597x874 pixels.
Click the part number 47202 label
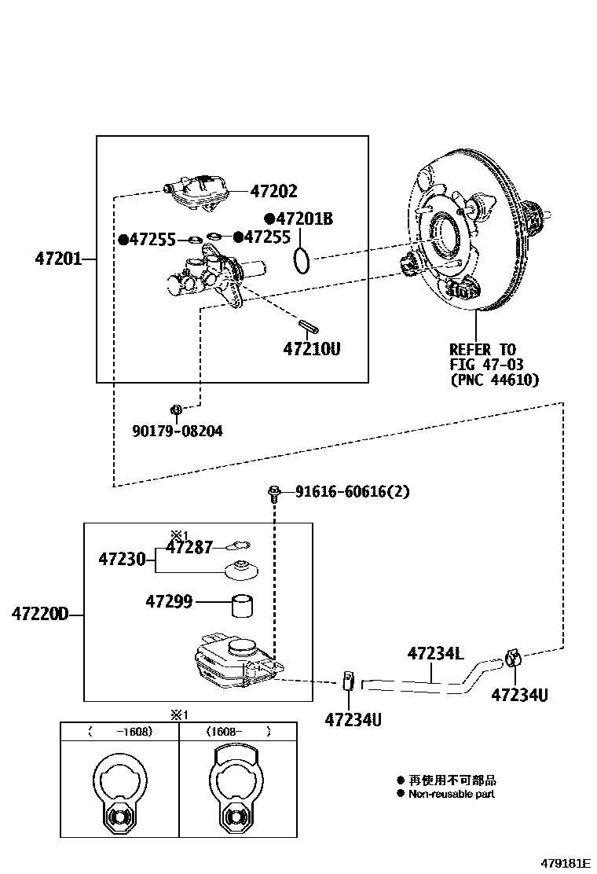click(x=273, y=191)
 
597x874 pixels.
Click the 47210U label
click(x=312, y=347)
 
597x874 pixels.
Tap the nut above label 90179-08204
click(x=177, y=409)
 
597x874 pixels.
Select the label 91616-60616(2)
click(x=353, y=492)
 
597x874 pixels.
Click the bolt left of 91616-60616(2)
click(x=274, y=493)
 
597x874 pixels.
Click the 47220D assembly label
click(x=39, y=613)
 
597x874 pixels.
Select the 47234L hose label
click(x=436, y=653)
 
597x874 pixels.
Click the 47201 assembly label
click(x=58, y=258)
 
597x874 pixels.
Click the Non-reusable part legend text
click(x=452, y=794)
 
